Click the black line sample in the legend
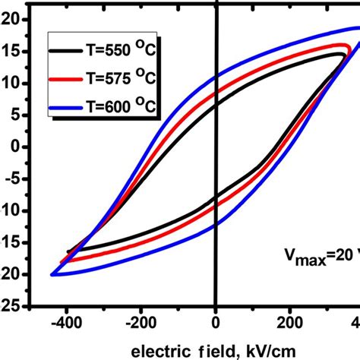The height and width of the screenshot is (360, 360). click(65, 52)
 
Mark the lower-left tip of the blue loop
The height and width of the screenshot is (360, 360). click(52, 274)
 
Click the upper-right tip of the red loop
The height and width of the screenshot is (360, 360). click(348, 47)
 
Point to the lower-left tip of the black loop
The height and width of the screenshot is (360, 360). click(68, 251)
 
